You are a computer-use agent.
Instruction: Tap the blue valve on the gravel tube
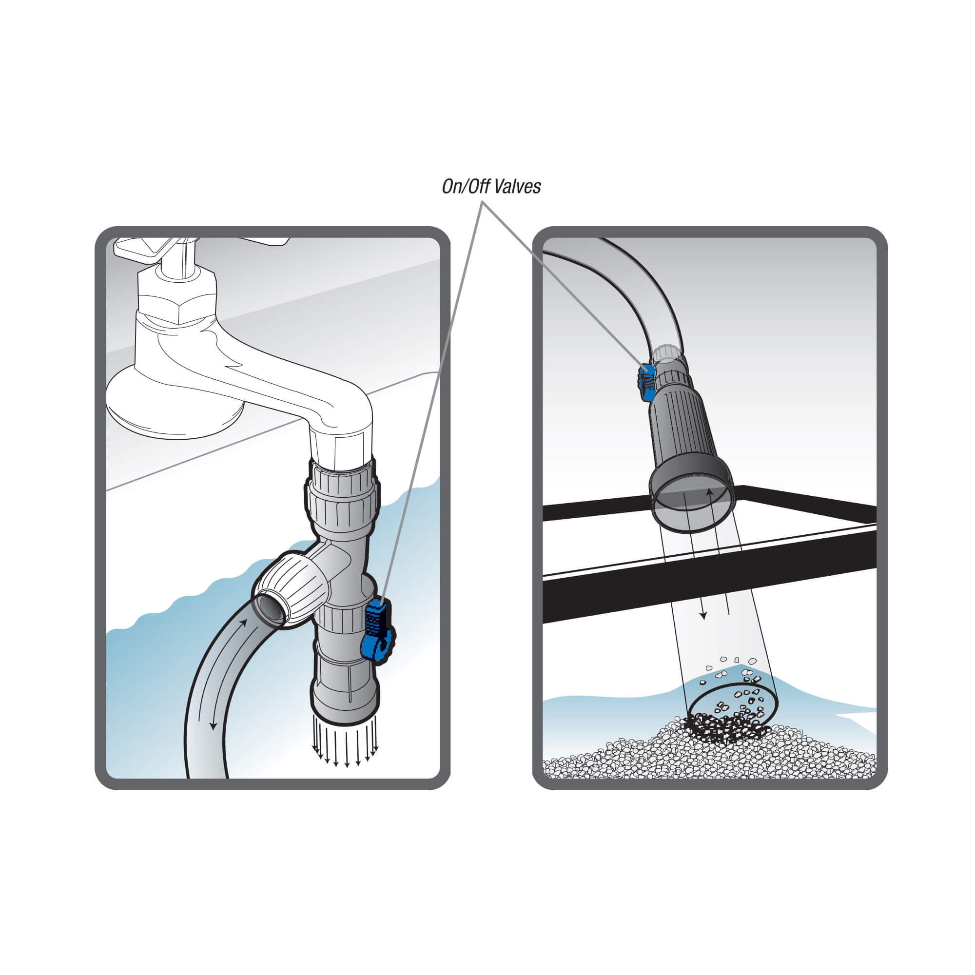[x=646, y=382]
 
